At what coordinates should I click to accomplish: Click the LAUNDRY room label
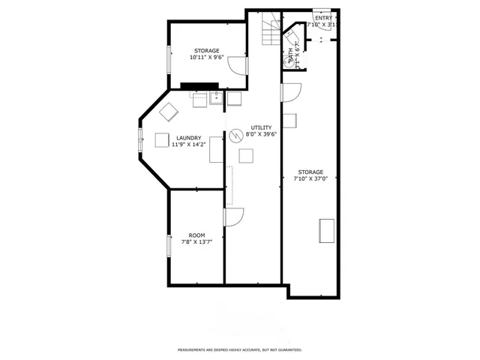[x=188, y=137]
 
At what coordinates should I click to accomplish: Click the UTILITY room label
[x=261, y=127]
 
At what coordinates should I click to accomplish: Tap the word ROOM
[x=196, y=235]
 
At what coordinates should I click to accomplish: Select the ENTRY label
[x=323, y=17]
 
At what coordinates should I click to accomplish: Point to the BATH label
[x=290, y=55]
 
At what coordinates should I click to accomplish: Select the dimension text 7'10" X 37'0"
[x=310, y=178]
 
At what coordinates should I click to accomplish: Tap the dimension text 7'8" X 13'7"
[x=196, y=242]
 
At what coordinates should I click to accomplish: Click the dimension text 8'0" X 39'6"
[x=261, y=135]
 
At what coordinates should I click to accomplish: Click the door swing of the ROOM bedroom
[x=233, y=217]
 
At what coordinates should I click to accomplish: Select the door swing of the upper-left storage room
[x=237, y=65]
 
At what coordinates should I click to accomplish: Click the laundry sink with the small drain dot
[x=215, y=97]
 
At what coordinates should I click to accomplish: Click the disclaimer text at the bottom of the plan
[x=239, y=350]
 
